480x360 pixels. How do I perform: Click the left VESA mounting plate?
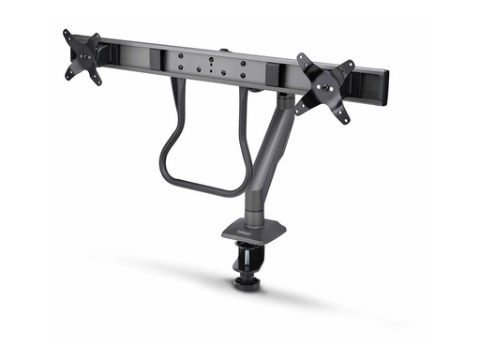[x=83, y=55]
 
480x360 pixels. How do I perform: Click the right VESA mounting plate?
[x=325, y=86]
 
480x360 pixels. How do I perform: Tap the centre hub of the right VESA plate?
[x=325, y=87]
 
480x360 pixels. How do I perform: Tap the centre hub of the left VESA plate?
[x=83, y=55]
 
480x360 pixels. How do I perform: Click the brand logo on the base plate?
[x=242, y=223]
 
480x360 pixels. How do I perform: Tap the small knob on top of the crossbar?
[x=224, y=52]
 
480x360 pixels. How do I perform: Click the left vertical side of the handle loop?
[x=168, y=131]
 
